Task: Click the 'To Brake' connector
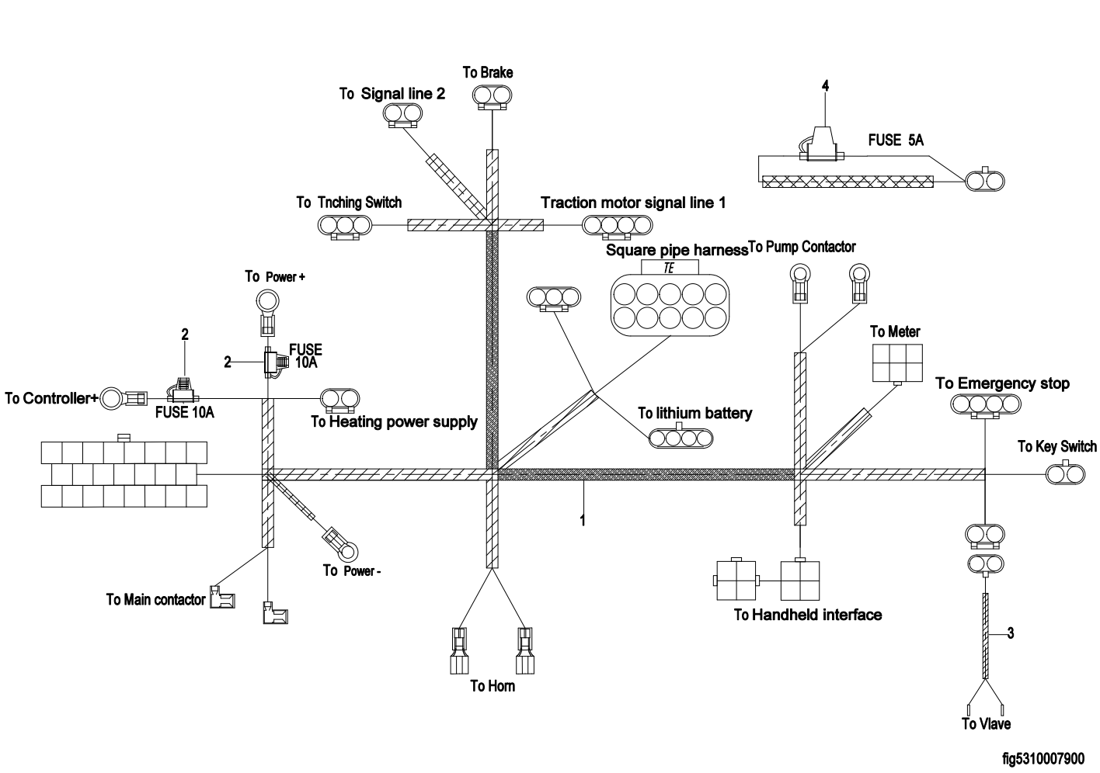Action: (492, 96)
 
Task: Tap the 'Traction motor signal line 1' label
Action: (633, 203)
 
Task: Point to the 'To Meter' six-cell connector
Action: (897, 361)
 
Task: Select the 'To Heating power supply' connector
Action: (340, 399)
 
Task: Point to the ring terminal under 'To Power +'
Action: (267, 300)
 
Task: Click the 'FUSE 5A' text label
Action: (895, 140)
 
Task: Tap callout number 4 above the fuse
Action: (825, 87)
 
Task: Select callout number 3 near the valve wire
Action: (1010, 633)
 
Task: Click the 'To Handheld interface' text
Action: (808, 615)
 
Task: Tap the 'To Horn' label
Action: (493, 686)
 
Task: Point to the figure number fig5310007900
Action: (1043, 757)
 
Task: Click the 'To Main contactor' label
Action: (155, 599)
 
